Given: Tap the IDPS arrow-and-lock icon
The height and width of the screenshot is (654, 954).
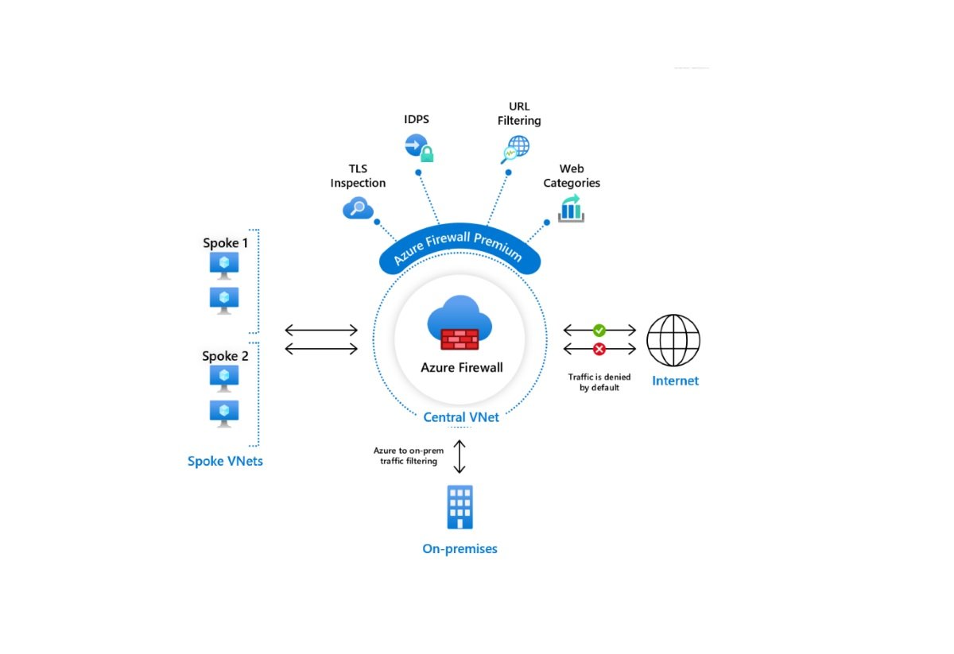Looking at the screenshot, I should click(418, 147).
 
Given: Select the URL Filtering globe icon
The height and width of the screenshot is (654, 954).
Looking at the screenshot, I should click(515, 149).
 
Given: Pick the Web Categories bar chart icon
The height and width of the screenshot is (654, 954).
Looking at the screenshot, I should click(571, 209).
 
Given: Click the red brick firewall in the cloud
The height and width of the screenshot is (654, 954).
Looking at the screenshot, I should click(460, 339).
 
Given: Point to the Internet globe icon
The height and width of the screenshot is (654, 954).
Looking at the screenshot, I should click(673, 340).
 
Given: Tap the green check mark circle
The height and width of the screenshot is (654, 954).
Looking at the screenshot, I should click(599, 330).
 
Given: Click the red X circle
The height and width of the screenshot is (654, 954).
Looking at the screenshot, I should click(599, 349).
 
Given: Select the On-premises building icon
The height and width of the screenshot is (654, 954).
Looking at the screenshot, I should click(460, 507).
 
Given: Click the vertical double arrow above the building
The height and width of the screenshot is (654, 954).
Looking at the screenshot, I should click(459, 456).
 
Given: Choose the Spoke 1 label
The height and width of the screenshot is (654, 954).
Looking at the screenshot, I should click(225, 243).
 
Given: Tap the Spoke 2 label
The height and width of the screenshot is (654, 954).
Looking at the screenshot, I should click(225, 356).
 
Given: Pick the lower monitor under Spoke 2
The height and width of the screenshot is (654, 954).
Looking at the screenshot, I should click(224, 412).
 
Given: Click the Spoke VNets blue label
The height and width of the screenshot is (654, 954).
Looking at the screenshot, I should click(225, 461).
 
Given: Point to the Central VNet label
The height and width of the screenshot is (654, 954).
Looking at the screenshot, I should click(461, 417).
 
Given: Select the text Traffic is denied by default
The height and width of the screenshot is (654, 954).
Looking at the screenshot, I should click(599, 382).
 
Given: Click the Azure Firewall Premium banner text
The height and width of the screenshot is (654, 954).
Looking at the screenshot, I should click(460, 246).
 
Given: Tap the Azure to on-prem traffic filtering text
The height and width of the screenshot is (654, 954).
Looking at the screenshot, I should click(409, 455).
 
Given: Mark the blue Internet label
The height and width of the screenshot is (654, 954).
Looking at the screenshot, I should click(675, 381).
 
